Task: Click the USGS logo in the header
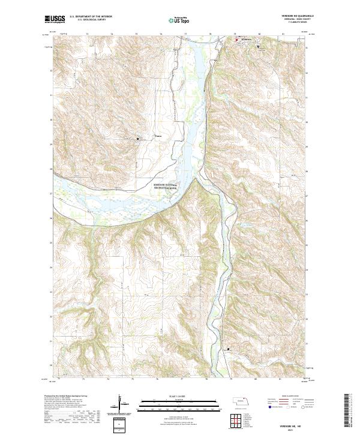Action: [54, 20]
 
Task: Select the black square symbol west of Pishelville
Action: [137, 139]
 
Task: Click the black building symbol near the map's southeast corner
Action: [228, 349]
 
